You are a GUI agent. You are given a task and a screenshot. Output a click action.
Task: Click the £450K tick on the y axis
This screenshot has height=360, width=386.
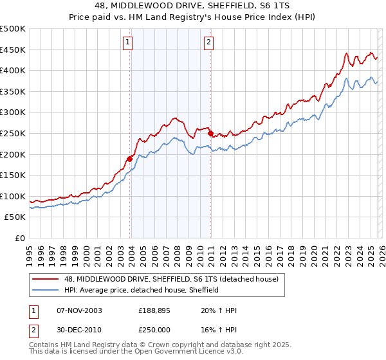point(13,50)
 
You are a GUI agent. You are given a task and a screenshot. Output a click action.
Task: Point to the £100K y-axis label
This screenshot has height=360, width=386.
point(13,196)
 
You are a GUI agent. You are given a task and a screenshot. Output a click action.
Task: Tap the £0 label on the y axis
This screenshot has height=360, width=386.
point(19,239)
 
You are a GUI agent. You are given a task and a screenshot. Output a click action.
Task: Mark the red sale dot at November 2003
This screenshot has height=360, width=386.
point(129,159)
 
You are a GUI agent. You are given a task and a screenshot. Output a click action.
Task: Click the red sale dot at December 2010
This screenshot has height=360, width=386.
point(210,134)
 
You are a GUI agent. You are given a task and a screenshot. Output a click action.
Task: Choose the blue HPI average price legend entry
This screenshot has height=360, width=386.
point(142,290)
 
